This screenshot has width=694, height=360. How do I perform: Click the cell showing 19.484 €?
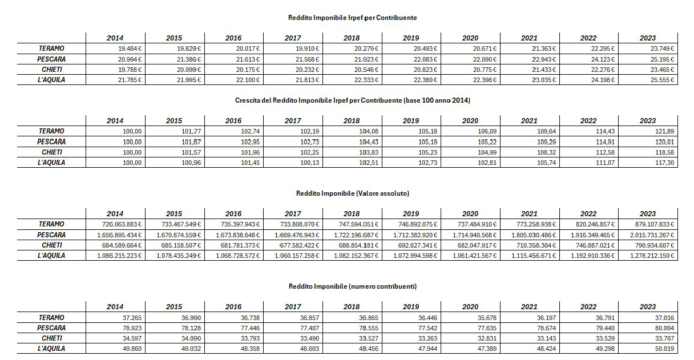(130, 48)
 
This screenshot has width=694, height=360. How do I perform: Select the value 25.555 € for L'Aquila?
(662, 80)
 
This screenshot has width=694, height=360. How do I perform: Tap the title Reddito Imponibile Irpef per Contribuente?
(352, 18)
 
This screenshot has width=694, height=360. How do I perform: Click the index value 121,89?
(664, 131)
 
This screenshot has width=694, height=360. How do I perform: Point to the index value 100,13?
(309, 163)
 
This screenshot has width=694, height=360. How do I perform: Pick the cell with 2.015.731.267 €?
(652, 235)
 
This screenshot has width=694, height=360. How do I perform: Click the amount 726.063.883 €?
(122, 224)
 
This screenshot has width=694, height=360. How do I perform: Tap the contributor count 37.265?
(132, 318)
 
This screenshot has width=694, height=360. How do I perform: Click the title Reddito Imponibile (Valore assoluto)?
(353, 193)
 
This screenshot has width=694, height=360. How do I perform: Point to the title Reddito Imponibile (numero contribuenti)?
(353, 286)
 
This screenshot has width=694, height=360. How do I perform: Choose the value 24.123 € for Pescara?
(603, 59)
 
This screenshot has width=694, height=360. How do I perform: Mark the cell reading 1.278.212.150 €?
(652, 256)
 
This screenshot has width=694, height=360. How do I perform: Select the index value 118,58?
(664, 152)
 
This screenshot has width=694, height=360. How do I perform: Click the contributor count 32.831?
(487, 338)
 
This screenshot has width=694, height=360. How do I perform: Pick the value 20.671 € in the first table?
(485, 48)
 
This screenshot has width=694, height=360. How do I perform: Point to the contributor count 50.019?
(664, 349)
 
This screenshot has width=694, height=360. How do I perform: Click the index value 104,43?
(369, 142)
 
